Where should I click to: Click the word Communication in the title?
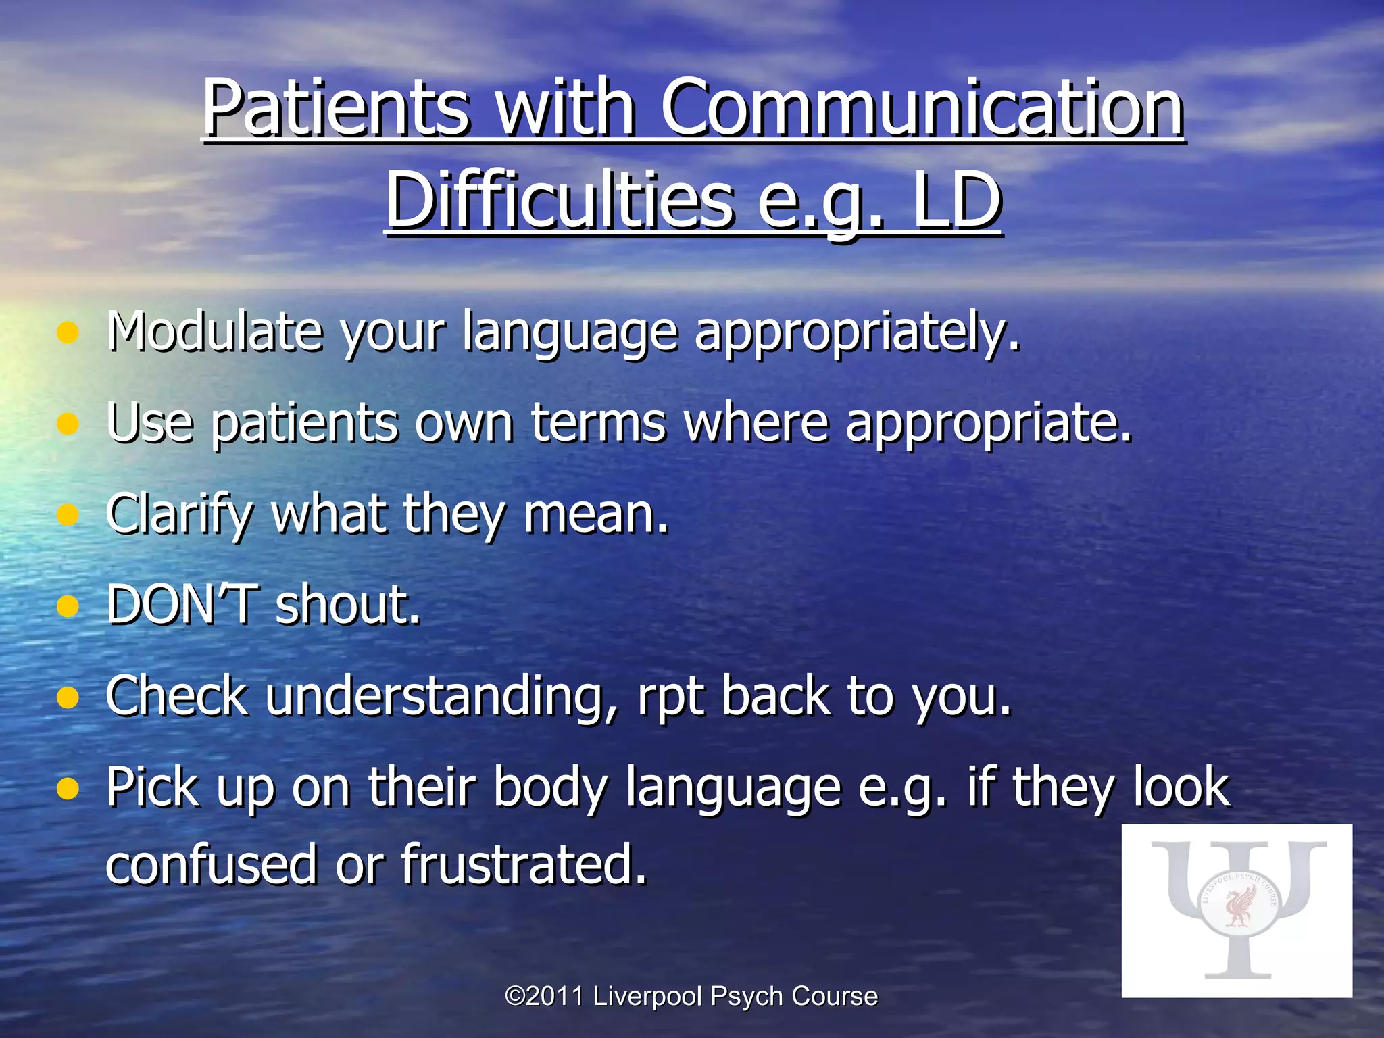922,108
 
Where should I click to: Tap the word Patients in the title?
336,108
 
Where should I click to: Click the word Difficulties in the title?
560,201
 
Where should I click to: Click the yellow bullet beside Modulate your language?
68,332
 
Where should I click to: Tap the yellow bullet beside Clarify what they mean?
68,515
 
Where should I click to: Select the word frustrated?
524,864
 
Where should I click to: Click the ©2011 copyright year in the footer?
545,996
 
